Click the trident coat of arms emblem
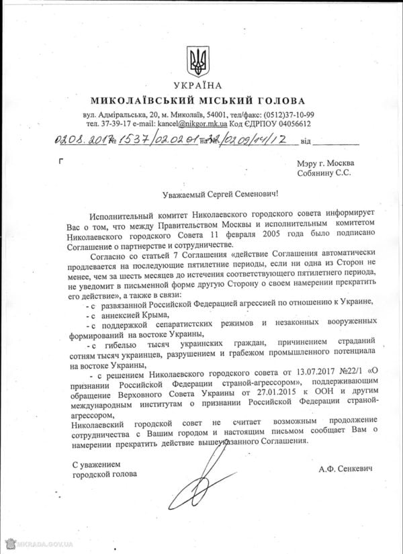click(x=199, y=61)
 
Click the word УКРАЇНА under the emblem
click(x=199, y=87)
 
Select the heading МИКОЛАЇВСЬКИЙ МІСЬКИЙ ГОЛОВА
click(x=199, y=100)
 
